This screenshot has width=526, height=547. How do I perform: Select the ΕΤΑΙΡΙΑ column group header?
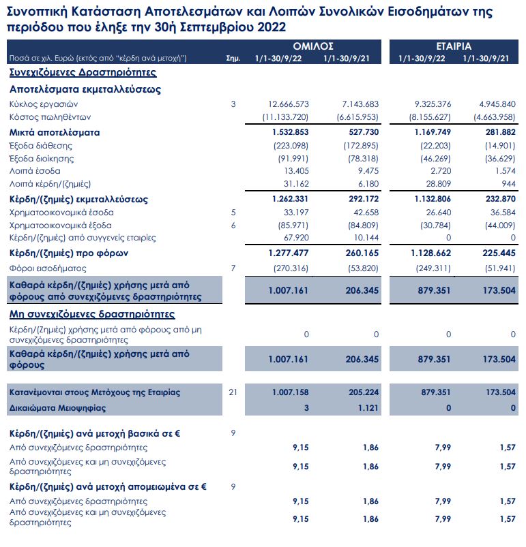tap(454, 46)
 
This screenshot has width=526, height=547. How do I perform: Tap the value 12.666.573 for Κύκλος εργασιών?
tap(289, 104)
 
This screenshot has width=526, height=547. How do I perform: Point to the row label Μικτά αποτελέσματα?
tap(55, 132)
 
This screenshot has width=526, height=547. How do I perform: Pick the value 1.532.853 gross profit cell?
tap(290, 132)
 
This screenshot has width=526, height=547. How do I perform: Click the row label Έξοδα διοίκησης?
tap(41, 159)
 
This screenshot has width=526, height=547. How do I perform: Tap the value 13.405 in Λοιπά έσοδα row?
tap(295, 171)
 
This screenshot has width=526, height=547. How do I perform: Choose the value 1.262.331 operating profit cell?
tap(290, 200)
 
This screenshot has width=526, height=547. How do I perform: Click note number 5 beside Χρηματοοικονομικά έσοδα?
tap(233, 213)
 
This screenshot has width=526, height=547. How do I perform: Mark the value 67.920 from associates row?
tap(295, 238)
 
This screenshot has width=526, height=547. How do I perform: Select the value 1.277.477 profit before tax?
tap(290, 253)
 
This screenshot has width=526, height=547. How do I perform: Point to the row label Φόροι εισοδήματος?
tap(42, 268)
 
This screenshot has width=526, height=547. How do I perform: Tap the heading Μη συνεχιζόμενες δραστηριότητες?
tap(92, 314)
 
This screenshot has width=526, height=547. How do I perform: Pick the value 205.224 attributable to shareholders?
tap(362, 393)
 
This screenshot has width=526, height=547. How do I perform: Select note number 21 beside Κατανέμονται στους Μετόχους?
tap(233, 393)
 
